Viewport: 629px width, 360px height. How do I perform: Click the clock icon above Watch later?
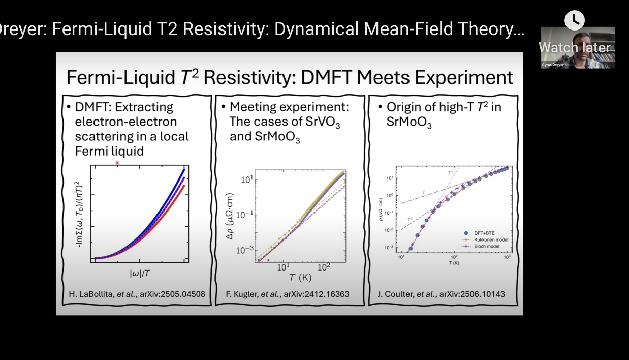click(575, 20)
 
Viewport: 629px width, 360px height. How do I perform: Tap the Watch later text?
click(574, 47)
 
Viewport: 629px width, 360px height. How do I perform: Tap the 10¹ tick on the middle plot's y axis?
click(246, 179)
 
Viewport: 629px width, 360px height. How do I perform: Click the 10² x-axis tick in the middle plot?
click(322, 267)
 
